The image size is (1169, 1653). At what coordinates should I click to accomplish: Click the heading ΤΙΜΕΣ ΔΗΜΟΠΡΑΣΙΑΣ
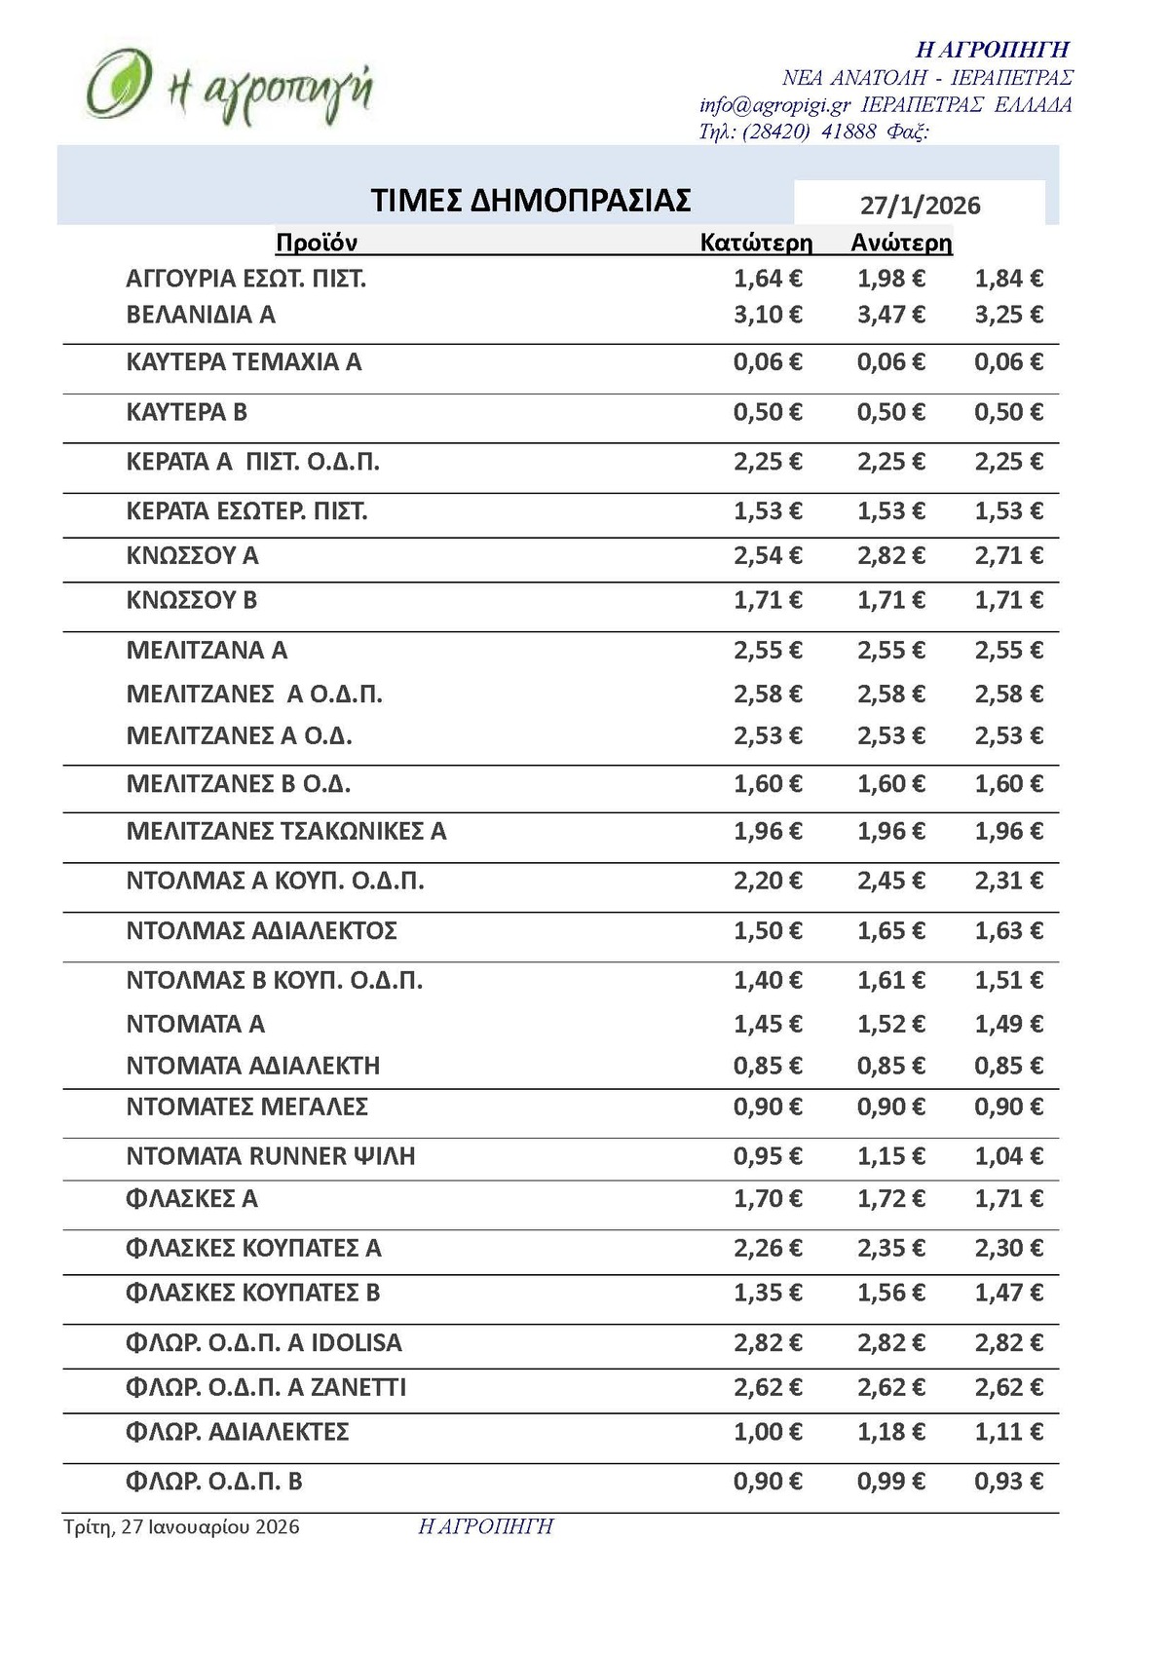tap(531, 200)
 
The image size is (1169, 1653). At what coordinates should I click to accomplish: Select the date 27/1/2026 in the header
tap(920, 206)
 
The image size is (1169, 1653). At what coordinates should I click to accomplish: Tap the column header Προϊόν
tap(317, 243)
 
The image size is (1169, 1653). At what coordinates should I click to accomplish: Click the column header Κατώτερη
tap(756, 243)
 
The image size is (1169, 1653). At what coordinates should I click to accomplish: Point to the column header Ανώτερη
tap(901, 243)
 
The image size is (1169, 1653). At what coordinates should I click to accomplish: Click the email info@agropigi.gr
tap(774, 105)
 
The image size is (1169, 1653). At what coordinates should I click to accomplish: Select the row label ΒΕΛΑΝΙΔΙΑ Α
tap(201, 315)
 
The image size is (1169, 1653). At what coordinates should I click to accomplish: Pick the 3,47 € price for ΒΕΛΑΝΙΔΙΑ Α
tap(890, 315)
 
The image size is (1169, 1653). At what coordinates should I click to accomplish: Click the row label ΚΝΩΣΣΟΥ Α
tap(192, 556)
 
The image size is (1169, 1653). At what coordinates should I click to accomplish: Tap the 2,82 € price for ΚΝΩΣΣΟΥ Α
tap(890, 556)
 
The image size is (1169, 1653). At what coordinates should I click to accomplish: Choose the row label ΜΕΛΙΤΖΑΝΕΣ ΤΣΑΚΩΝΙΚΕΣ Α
tap(286, 832)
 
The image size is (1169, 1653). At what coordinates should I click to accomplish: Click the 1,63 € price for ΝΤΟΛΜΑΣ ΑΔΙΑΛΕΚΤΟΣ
tap(1008, 931)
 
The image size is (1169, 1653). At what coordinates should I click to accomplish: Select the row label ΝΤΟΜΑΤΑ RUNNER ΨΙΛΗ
tap(271, 1156)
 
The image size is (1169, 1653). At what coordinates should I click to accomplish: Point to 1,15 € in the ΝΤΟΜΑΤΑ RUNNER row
tap(890, 1156)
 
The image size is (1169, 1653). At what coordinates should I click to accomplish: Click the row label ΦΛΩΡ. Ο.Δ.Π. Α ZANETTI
tap(266, 1387)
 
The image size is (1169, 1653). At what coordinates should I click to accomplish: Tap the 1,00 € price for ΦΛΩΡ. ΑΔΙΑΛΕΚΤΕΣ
tap(768, 1432)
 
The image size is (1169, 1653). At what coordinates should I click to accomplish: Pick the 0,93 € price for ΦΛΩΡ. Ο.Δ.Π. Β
tap(1008, 1482)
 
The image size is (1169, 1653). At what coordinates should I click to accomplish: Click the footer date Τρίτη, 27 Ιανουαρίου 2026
tap(181, 1526)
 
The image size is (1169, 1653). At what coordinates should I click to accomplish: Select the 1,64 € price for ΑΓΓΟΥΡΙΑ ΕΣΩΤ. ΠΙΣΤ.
tap(768, 279)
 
